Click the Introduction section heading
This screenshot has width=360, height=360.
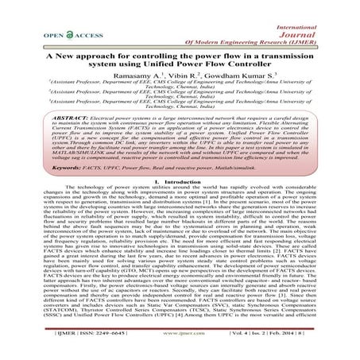pos(184,203)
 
